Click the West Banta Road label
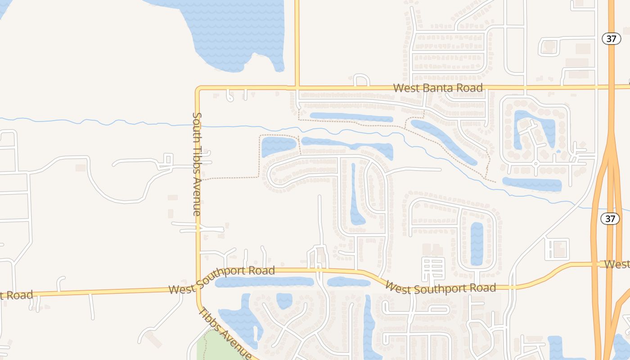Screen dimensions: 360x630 (438, 88)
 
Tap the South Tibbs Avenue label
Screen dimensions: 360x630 (197, 164)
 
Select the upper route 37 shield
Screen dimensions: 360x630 (611, 39)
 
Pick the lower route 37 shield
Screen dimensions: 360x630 (610, 219)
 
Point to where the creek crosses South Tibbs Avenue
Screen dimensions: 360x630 (198, 126)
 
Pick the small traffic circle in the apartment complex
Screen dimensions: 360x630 (535, 163)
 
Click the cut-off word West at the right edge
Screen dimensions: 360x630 (617, 264)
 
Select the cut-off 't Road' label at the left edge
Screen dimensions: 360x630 (16, 296)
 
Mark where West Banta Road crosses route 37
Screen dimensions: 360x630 (611, 85)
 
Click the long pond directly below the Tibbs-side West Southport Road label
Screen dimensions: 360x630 (264, 282)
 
